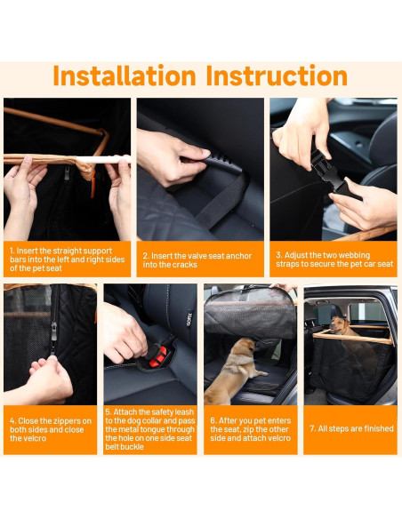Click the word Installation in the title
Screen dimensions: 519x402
point(125,76)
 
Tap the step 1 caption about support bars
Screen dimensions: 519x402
point(67,259)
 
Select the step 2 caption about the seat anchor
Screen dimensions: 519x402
point(200,259)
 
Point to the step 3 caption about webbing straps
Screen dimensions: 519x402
point(334,259)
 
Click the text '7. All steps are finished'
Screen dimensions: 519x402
point(350,428)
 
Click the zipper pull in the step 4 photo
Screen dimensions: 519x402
point(54,332)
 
